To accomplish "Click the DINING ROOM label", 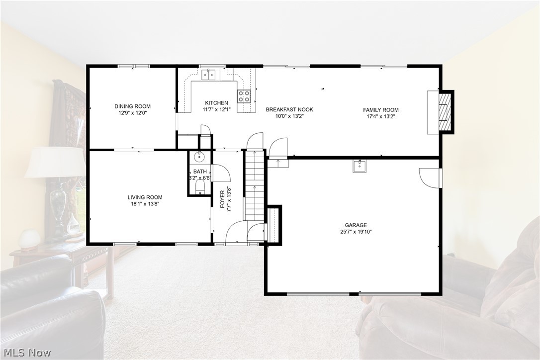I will coord(132,106).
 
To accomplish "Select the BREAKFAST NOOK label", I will coord(289,109).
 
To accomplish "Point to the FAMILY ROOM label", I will coord(380,110).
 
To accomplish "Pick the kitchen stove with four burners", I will coord(244,96).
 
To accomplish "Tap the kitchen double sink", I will coord(208,75).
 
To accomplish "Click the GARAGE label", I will coord(356,225).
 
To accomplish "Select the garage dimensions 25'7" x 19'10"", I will coord(356,232).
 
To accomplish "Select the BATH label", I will coord(200,172).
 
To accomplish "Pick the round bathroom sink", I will coord(199,158).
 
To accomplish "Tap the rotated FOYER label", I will coord(223,199).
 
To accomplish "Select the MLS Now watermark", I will coord(26,353).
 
